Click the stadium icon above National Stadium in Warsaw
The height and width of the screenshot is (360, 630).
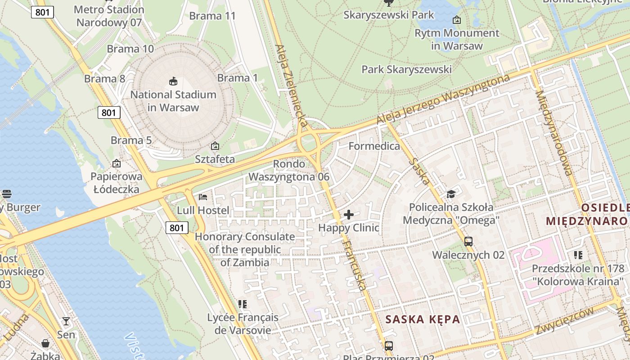click(x=173, y=81)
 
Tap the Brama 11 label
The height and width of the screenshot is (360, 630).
click(x=212, y=16)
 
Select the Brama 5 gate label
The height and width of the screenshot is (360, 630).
click(x=131, y=140)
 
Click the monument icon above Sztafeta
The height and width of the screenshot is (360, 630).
click(x=215, y=146)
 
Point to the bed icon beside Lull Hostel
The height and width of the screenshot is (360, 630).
click(x=203, y=197)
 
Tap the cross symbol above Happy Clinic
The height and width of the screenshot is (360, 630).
click(x=349, y=215)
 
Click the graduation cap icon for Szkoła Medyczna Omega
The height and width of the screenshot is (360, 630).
click(x=451, y=194)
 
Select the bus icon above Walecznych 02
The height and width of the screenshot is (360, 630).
click(x=468, y=242)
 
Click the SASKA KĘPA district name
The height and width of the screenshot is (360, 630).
click(x=423, y=319)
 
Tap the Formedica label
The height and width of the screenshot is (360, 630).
click(x=374, y=146)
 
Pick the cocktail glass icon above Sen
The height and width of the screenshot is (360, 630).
click(x=66, y=321)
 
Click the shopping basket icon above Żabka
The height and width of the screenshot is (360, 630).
click(x=45, y=343)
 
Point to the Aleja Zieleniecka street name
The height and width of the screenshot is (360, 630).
click(x=292, y=85)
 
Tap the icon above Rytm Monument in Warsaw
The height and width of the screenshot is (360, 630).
click(x=457, y=20)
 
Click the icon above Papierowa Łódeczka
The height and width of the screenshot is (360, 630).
click(x=117, y=163)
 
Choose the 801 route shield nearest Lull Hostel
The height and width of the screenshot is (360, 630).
click(x=176, y=228)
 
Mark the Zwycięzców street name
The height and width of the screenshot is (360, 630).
click(x=564, y=321)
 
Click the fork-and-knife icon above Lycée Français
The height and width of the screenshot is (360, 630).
click(x=243, y=304)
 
